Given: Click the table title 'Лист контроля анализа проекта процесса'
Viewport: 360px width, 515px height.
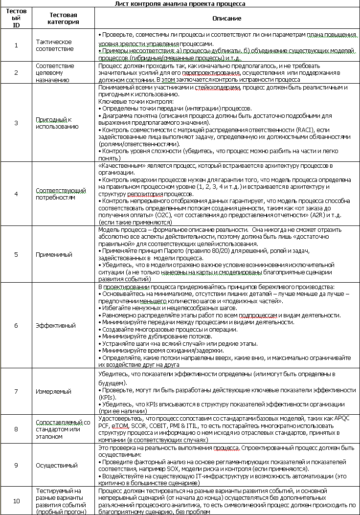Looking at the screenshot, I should [x=180, y=3].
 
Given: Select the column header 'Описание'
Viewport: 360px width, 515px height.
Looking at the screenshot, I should [x=227, y=18].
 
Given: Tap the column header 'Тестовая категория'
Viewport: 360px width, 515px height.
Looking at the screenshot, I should [x=63, y=18].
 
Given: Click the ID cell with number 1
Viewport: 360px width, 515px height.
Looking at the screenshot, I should [x=16, y=45].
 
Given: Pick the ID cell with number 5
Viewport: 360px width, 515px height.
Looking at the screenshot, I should [x=16, y=254].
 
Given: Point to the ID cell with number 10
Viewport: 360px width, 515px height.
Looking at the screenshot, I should [x=16, y=500].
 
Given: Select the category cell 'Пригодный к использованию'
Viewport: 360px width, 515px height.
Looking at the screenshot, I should [x=57, y=123].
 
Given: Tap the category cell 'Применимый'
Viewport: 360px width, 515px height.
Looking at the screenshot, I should [x=54, y=254].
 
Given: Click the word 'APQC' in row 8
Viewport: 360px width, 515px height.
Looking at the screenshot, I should [x=349, y=419].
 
